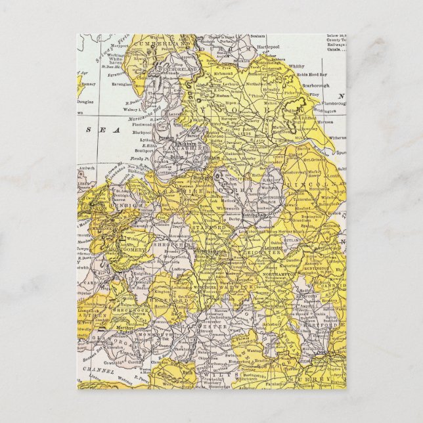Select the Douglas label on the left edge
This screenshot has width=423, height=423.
86,102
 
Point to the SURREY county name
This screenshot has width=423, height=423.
321,380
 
